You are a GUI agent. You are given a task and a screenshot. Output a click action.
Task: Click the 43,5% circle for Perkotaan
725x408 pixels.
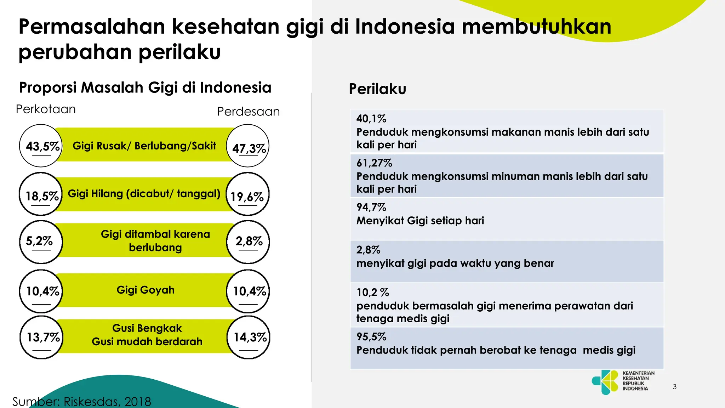coord(41,146)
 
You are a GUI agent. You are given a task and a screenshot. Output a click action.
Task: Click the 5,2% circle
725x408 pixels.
coord(41,242)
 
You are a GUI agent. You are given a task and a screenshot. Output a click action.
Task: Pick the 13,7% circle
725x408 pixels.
coord(42,337)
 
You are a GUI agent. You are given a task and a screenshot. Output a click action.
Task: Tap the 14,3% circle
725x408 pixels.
coord(249,337)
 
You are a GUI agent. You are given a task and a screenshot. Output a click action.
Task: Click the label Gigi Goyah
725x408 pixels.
coord(145,290)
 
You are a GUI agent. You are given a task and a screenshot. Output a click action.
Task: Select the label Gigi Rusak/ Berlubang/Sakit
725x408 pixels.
coord(144,146)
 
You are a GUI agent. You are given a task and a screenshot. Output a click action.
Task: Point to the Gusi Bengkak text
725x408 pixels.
coord(147,328)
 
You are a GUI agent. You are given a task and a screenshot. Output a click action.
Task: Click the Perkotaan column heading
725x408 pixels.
coord(46,109)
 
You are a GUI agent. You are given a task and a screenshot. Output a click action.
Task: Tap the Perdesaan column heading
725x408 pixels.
coord(248,112)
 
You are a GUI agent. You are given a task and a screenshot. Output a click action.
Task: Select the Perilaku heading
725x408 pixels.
coord(377,89)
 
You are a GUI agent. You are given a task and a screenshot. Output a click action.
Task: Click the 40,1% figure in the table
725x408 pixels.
coord(371,119)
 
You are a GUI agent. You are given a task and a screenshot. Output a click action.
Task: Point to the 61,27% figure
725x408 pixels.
coord(374,163)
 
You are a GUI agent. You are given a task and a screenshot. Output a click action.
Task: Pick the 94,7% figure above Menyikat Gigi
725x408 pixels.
coord(371,207)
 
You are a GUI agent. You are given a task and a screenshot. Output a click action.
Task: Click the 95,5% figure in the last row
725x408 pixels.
coord(371,336)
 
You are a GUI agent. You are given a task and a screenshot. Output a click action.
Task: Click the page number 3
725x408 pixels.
coord(674,387)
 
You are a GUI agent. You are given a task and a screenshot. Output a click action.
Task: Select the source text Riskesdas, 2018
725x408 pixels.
coord(107,402)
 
